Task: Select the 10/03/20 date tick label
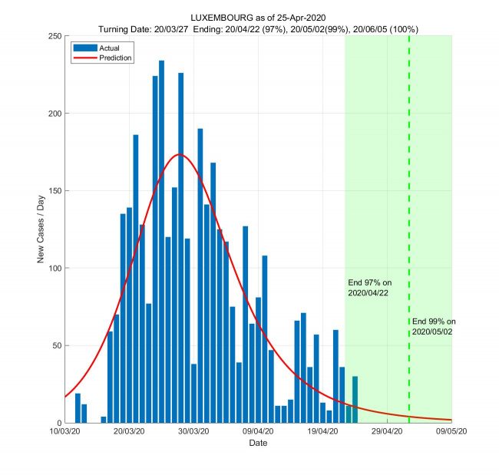64,432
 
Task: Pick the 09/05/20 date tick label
451,432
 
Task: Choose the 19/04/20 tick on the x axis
322,432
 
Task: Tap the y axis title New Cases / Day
41,229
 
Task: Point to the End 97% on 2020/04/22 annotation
370,287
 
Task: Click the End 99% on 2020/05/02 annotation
434,326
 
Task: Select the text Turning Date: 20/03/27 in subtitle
145,28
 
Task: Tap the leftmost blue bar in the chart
78,407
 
